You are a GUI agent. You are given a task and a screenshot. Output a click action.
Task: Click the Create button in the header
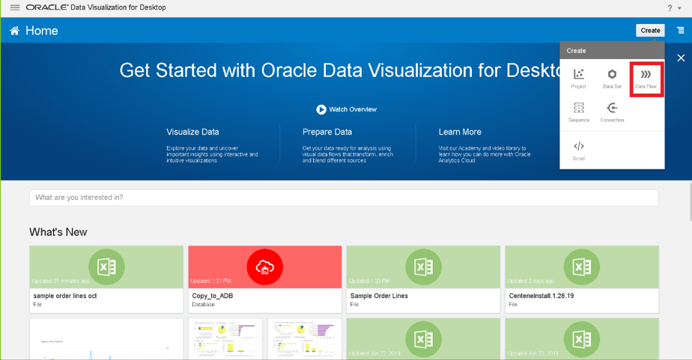pyautogui.click(x=650, y=31)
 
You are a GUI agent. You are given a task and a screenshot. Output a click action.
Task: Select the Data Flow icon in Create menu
pyautogui.click(x=646, y=78)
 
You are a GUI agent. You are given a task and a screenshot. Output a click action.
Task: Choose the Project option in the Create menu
pyautogui.click(x=579, y=78)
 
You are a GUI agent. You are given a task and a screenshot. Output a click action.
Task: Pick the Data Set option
pyautogui.click(x=612, y=78)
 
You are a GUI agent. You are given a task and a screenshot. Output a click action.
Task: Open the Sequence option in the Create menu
pyautogui.click(x=579, y=112)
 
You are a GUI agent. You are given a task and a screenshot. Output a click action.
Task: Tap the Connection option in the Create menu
pyautogui.click(x=612, y=112)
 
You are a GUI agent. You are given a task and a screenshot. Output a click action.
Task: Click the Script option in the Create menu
pyautogui.click(x=579, y=150)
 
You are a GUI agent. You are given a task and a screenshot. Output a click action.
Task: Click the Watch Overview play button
pyautogui.click(x=321, y=109)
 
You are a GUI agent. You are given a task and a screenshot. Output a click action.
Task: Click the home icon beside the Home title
pyautogui.click(x=14, y=31)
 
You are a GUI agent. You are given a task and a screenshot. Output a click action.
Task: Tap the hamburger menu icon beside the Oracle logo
pyautogui.click(x=14, y=7)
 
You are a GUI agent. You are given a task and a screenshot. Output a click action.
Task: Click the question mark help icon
pyautogui.click(x=670, y=7)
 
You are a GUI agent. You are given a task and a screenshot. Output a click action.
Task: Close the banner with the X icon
pyautogui.click(x=681, y=58)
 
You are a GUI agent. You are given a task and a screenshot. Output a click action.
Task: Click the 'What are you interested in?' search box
pyautogui.click(x=344, y=198)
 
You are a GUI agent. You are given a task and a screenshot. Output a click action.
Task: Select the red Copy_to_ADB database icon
pyautogui.click(x=264, y=267)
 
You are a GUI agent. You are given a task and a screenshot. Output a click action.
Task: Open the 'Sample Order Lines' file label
pyautogui.click(x=379, y=296)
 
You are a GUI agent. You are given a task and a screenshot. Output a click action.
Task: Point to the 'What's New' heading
pyautogui.click(x=58, y=232)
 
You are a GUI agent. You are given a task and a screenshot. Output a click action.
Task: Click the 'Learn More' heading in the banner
pyautogui.click(x=460, y=132)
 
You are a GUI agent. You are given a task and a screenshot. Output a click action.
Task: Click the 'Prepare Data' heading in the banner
pyautogui.click(x=327, y=132)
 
